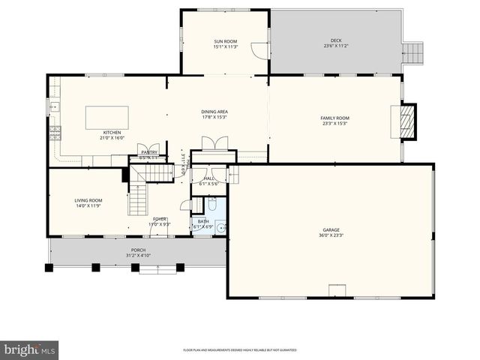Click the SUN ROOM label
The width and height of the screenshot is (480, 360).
pos(225,41)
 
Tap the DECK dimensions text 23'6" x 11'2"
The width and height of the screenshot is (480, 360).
pos(335,46)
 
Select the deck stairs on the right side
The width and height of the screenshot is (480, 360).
pos(412,52)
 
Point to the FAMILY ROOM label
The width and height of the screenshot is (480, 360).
pos(335,118)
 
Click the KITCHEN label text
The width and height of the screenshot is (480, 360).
pos(112,133)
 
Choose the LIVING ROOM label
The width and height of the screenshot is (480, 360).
pos(88,200)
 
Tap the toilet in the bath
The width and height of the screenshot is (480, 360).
pos(212,204)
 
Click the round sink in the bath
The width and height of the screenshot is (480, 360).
pos(220,227)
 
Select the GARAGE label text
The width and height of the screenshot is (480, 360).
pos(331,230)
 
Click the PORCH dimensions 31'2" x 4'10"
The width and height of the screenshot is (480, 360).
pos(137,256)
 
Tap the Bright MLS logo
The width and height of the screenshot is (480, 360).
pos(30,350)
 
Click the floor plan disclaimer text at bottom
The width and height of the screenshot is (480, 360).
pos(240,350)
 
